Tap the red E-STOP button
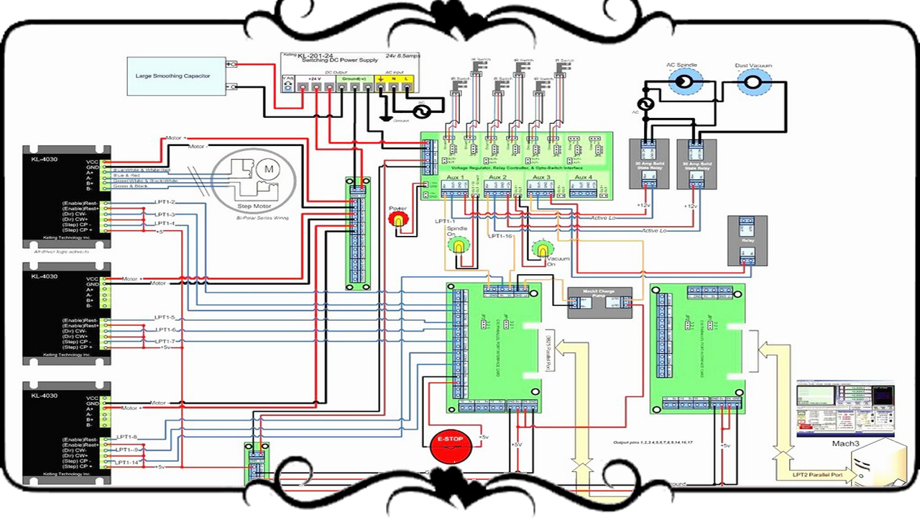coord(449,447)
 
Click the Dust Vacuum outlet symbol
coord(753,83)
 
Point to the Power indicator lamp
coord(397,220)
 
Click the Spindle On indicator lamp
coord(457,246)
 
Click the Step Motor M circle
coord(270,169)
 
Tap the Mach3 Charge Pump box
coord(600,302)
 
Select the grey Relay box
coord(747,240)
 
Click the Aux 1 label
coord(456,177)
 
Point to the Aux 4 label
coord(581,177)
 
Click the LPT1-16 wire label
coord(501,236)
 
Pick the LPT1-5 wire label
coord(165,317)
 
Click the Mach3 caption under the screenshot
coord(846,444)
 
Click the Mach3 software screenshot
coord(846,409)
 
